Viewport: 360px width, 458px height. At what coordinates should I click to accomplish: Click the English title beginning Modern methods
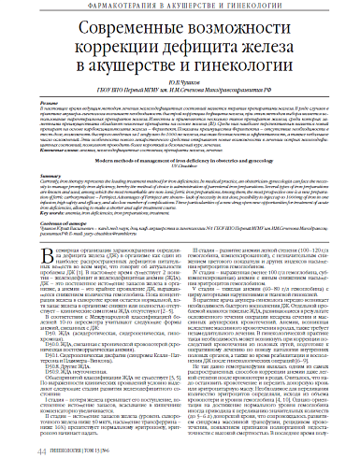(180, 189)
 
